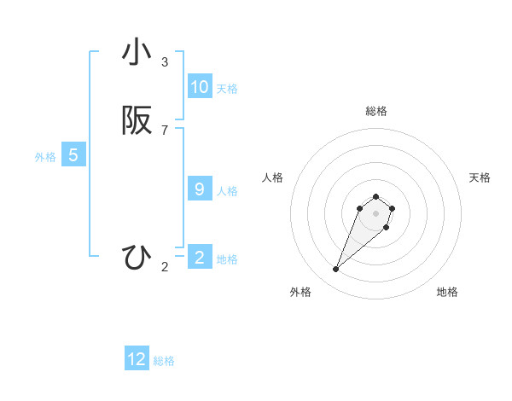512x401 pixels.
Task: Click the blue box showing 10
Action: point(200,87)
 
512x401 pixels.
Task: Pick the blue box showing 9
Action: point(200,189)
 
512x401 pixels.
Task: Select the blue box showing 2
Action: point(200,258)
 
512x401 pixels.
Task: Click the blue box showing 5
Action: point(73,155)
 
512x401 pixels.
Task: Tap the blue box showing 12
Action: point(137,359)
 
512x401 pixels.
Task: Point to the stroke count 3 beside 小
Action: point(165,62)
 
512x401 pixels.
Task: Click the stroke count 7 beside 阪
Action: point(165,131)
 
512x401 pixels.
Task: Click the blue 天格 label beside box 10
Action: point(227,89)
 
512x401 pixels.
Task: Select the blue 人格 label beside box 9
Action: point(227,191)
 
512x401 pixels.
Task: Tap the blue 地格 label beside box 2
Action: point(227,259)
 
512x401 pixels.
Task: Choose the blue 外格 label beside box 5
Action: point(45,157)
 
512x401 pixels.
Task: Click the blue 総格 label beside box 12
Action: point(164,361)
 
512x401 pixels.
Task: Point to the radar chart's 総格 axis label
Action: point(376,111)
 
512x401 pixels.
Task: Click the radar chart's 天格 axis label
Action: point(480,177)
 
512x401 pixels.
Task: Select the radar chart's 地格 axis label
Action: point(447,292)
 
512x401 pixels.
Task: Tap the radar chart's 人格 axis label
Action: point(273,177)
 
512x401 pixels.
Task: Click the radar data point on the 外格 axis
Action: point(336,270)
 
